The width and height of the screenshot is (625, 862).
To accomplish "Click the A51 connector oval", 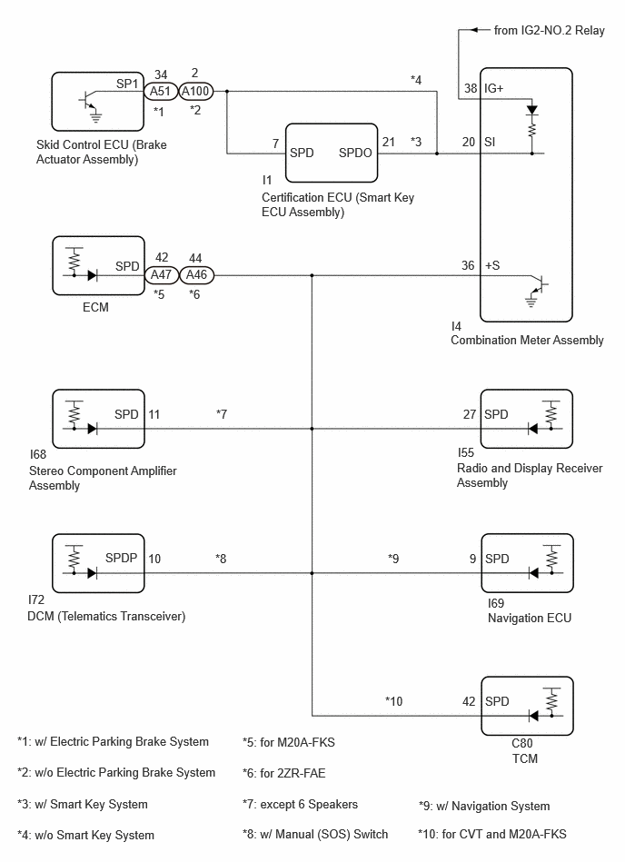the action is click(x=161, y=91).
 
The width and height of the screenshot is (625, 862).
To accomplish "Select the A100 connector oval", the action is click(x=196, y=91).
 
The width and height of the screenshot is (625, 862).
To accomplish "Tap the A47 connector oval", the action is click(x=162, y=274).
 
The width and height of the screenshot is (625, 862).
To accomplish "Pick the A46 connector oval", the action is click(x=196, y=274).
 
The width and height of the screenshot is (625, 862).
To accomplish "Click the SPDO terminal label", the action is click(x=355, y=153).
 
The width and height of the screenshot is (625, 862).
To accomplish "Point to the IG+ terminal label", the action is click(x=493, y=88).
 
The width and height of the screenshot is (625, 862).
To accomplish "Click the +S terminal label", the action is click(x=492, y=265).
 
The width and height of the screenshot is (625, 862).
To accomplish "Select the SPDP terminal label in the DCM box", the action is click(x=121, y=558).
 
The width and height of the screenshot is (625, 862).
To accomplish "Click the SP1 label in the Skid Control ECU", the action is click(x=127, y=84).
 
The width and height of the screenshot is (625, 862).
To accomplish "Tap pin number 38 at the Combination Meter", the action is click(x=471, y=88).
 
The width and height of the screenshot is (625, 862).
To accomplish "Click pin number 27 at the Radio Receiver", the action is click(x=470, y=414).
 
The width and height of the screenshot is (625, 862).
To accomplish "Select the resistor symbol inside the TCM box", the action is click(x=552, y=700).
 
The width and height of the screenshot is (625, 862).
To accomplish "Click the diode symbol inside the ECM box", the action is click(x=93, y=275).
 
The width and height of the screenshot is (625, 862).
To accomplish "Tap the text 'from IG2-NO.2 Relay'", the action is click(x=549, y=31).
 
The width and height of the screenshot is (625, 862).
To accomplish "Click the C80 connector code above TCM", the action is click(x=522, y=743).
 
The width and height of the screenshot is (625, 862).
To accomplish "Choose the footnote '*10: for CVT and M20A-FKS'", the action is click(x=492, y=835).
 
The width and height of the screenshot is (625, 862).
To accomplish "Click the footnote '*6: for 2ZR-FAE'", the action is click(x=283, y=773).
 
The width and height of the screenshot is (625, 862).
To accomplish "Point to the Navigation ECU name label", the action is click(x=530, y=618).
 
